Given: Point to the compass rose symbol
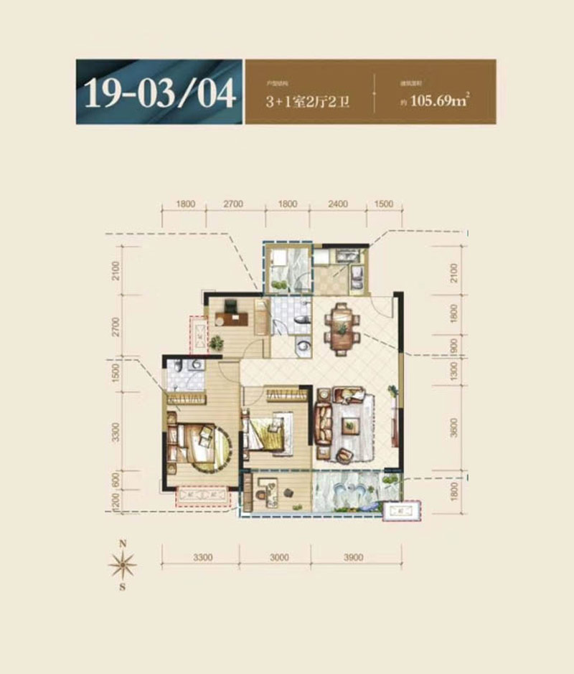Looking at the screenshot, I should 122,566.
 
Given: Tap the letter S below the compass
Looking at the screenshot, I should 122,589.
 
